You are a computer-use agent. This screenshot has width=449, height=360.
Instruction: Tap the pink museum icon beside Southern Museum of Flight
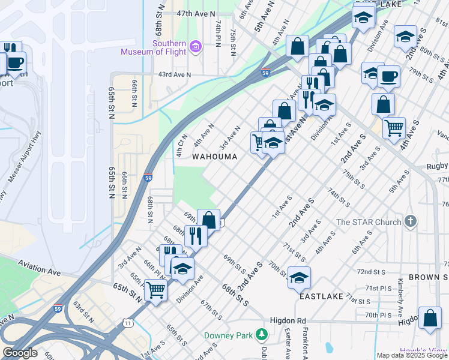click(195, 46)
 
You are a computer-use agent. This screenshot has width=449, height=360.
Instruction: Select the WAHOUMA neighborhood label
click(214, 156)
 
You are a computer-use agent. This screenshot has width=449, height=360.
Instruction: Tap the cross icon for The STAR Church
click(410, 221)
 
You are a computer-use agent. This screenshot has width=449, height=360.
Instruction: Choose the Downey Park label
click(229, 335)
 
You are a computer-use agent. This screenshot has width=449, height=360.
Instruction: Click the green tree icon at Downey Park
click(261, 334)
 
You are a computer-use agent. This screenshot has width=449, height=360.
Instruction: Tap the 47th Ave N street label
click(195, 13)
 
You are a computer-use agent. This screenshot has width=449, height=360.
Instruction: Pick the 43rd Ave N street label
click(174, 75)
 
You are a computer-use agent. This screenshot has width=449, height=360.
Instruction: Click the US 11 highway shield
click(128, 323)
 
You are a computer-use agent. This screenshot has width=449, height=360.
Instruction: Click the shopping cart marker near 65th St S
click(156, 290)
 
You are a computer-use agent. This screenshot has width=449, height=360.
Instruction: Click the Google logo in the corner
click(20, 353)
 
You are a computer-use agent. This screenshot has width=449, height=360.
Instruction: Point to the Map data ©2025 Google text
click(412, 355)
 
